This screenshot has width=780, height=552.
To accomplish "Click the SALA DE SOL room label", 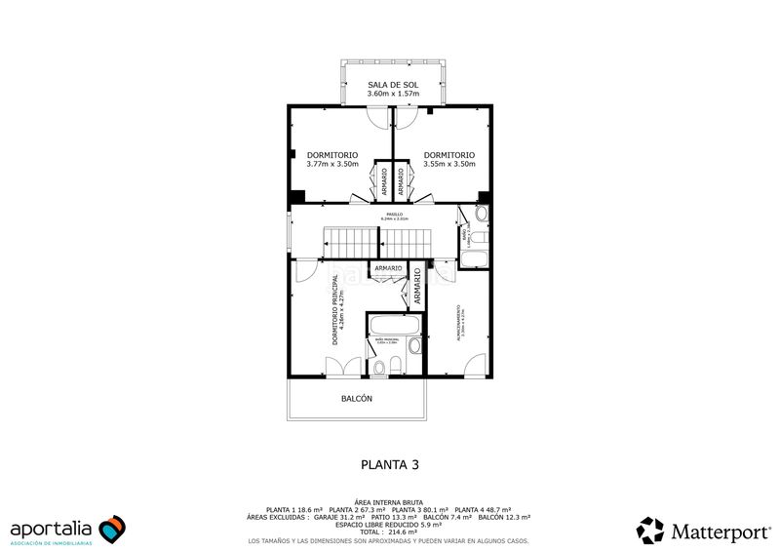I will coord(395,85).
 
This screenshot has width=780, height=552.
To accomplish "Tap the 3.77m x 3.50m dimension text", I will coord(332,164).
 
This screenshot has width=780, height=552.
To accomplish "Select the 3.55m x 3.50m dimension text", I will coord(449,164).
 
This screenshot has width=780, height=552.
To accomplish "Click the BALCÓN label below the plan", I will coord(356,399).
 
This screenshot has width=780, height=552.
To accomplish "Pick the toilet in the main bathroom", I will coord(396,365).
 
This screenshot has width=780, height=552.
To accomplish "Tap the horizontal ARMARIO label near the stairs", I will coord(387,268).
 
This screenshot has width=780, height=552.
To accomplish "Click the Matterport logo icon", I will coord(650,531).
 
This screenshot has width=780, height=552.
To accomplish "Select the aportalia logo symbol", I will coord(112,528).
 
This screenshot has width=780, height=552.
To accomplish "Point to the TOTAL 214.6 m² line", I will coord(390,532).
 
